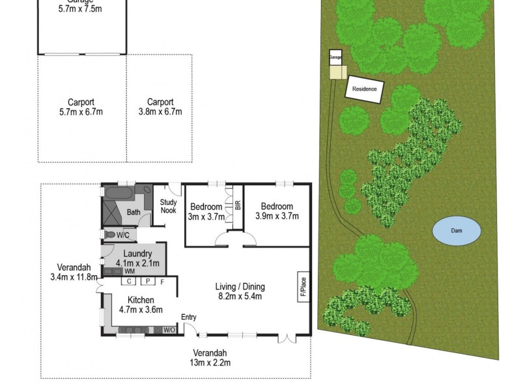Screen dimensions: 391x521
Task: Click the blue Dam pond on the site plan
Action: pyautogui.click(x=457, y=230)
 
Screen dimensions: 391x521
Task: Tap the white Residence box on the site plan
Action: pyautogui.click(x=364, y=89)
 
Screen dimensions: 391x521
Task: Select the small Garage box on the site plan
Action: pyautogui.click(x=335, y=57)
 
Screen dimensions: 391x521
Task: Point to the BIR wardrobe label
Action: pyautogui.click(x=238, y=205)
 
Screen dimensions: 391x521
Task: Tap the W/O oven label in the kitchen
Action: pyautogui.click(x=169, y=330)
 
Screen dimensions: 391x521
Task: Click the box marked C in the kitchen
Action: pyautogui.click(x=129, y=282)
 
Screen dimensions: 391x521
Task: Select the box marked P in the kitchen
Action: pyautogui.click(x=147, y=282)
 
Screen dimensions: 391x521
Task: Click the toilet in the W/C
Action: pyautogui.click(x=110, y=235)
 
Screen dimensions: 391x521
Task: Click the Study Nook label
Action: pyautogui.click(x=169, y=207)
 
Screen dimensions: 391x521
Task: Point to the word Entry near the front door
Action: pyautogui.click(x=189, y=317)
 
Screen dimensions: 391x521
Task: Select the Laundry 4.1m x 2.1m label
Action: pyautogui.click(x=137, y=258)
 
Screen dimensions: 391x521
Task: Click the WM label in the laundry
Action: pyautogui.click(x=130, y=270)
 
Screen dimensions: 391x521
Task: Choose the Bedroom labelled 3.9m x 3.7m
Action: pyautogui.click(x=277, y=212)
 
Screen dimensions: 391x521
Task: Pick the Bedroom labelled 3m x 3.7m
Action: pyautogui.click(x=206, y=212)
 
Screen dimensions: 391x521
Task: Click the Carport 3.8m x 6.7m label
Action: pyautogui.click(x=160, y=107)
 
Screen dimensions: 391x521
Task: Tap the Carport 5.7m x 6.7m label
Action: pyautogui.click(x=81, y=107)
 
